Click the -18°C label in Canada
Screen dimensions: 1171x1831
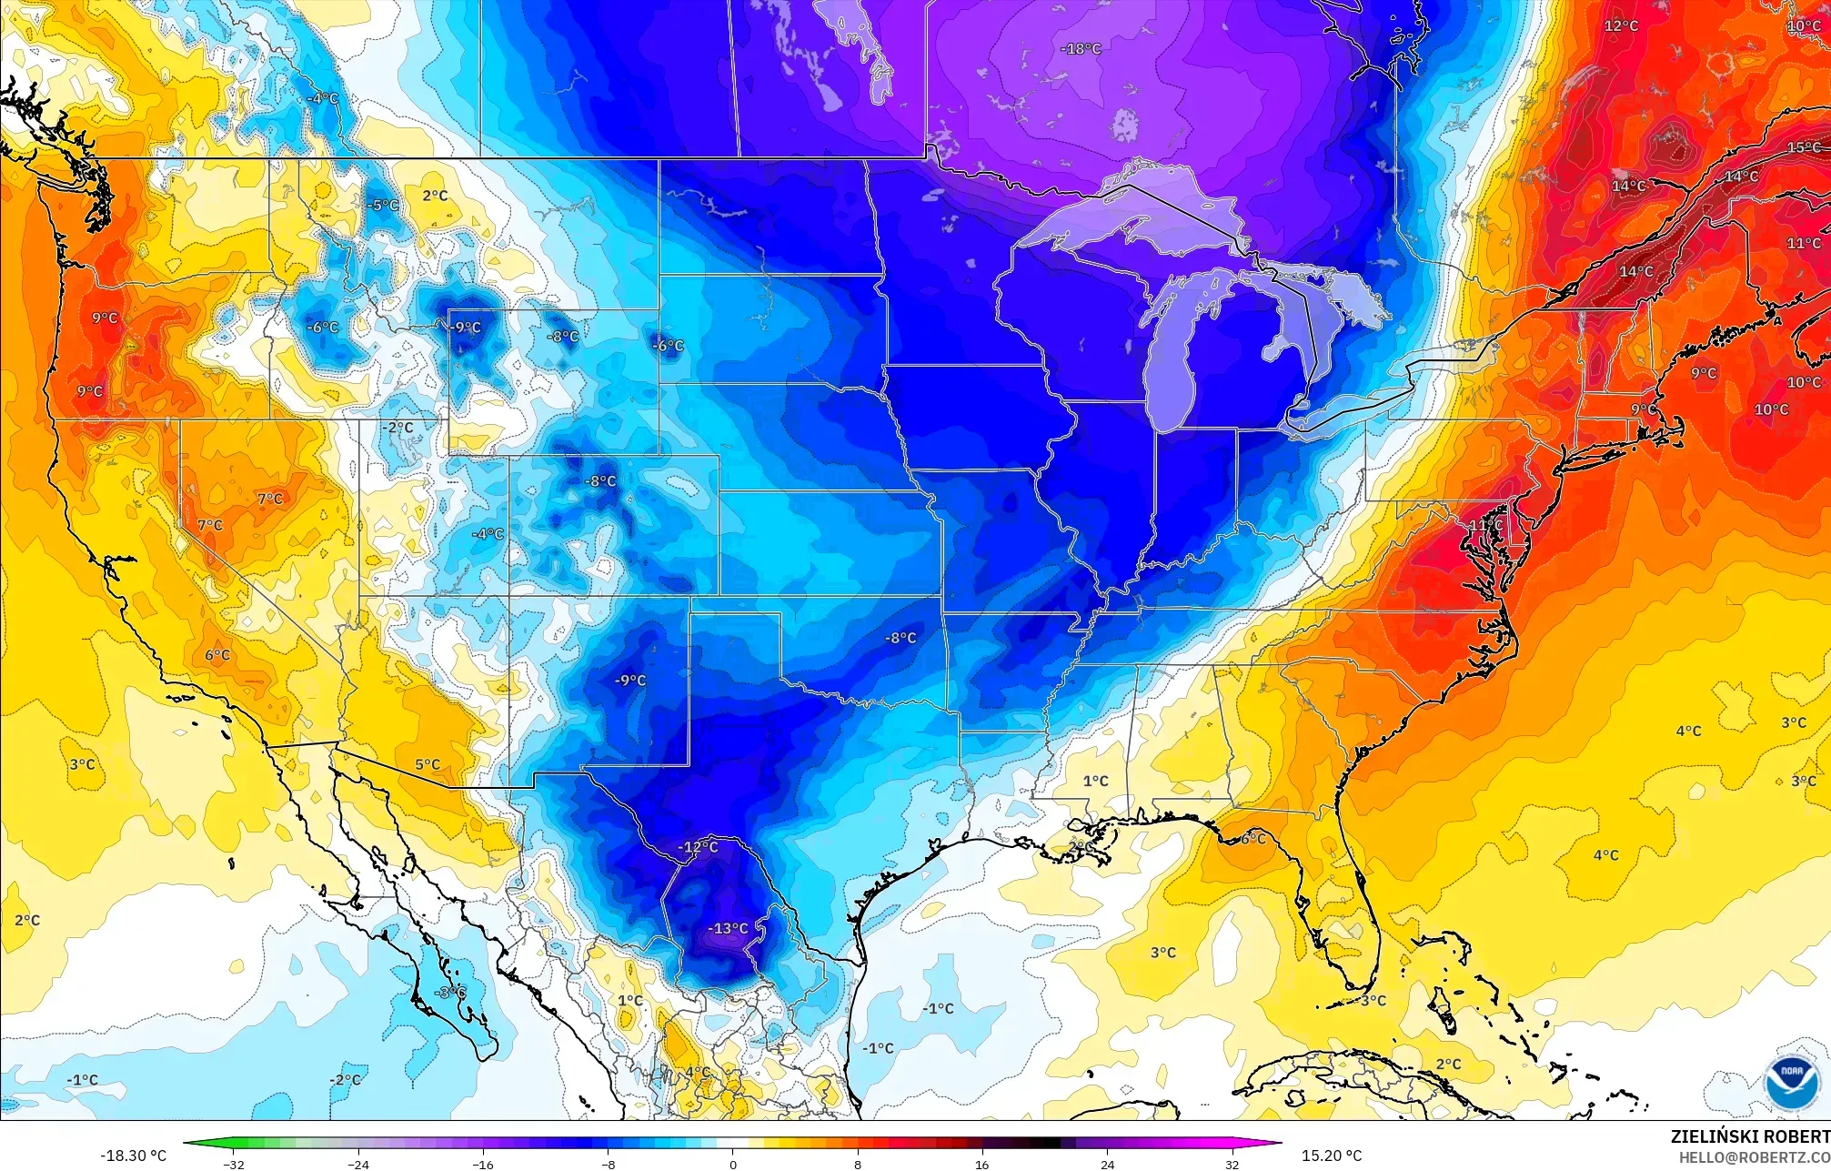[1081, 49]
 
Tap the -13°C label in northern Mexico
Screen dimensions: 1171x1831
[729, 928]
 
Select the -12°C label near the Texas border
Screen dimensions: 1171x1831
[698, 847]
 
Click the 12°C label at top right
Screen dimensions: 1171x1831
[1620, 25]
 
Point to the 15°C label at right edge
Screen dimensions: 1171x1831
[1804, 147]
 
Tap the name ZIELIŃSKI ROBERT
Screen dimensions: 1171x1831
[1749, 1136]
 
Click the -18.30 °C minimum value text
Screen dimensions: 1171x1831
[133, 1156]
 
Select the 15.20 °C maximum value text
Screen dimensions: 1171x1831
[1332, 1156]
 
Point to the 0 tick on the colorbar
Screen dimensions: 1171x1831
[733, 1164]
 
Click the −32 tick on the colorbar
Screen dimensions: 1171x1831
[234, 1164]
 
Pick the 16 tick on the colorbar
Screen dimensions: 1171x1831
[982, 1164]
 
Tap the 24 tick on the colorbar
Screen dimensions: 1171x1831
[1107, 1164]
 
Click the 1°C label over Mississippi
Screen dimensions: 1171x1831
[1095, 781]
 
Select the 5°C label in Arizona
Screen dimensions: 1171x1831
[428, 765]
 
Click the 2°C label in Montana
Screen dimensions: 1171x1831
[435, 196]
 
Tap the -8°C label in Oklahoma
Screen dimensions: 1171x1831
[900, 638]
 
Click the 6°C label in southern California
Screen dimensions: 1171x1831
[217, 655]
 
